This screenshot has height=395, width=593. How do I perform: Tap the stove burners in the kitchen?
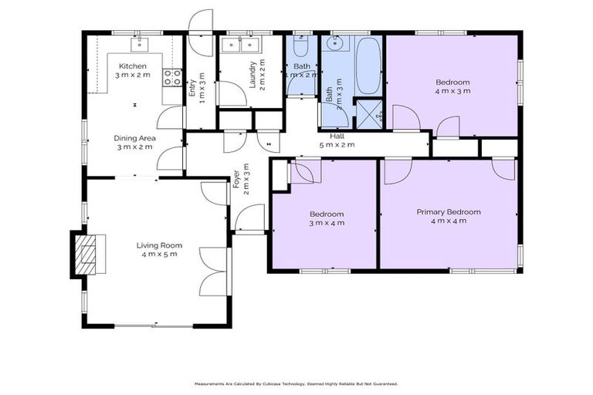pos(172,76)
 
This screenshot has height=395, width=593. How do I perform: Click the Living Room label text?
pos(159,245)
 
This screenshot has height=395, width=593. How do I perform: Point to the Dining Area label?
pos(135,138)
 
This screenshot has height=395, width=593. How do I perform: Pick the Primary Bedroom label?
pos(449,212)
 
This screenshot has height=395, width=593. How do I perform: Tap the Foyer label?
pos(236,180)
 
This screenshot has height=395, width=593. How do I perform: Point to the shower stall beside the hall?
pos(370,116)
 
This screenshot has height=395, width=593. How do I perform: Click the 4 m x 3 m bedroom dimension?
pos(452,91)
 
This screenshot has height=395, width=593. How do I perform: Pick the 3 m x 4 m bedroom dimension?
pos(327,223)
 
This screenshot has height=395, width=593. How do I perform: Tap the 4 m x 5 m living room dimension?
pos(159,255)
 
